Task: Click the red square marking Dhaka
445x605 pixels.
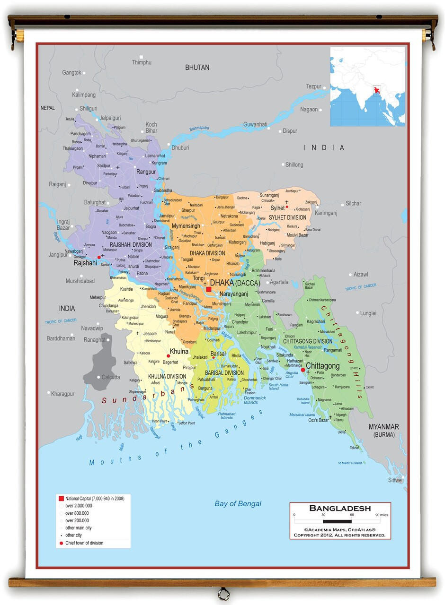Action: pos(208,289)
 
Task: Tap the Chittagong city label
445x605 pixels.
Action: pos(323,366)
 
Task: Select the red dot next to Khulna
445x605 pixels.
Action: pos(168,356)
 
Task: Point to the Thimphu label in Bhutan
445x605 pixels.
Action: pos(142,62)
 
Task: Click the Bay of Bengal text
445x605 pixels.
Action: pos(238,503)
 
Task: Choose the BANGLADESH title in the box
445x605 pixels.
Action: pos(340,508)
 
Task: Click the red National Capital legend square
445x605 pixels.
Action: pos(61,499)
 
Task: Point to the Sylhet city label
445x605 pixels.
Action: pos(277,208)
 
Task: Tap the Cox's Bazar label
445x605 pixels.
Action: pos(318,420)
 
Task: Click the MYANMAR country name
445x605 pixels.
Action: pos(383,427)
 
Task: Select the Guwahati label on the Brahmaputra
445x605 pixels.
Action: pos(255,124)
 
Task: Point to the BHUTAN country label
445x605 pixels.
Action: pos(197,68)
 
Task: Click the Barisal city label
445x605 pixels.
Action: pos(218,353)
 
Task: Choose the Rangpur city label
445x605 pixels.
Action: pos(146,172)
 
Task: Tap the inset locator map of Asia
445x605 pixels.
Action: pos(367,86)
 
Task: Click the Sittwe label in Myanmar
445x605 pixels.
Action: pos(395,480)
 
